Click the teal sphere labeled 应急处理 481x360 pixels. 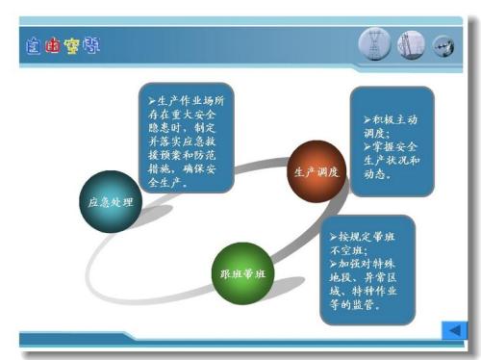point(111,201)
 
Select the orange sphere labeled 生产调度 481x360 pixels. point(316,170)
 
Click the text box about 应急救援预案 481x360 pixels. point(185,138)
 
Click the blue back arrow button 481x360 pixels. point(452,331)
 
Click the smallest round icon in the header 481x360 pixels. point(443,45)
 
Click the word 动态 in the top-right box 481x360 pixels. point(376,175)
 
